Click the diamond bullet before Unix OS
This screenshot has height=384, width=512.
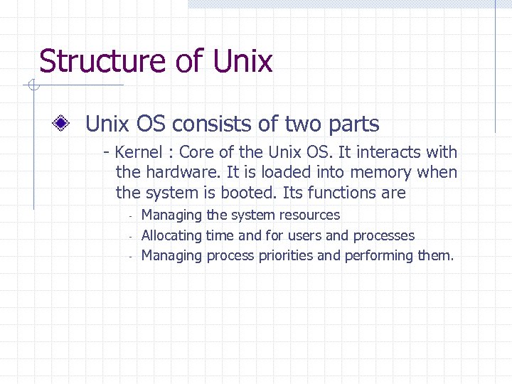click(63, 124)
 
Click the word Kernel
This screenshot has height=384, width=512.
click(139, 152)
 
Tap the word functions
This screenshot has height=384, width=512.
click(341, 193)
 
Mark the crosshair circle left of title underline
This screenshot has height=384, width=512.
click(32, 86)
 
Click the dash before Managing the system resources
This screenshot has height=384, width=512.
click(132, 215)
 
